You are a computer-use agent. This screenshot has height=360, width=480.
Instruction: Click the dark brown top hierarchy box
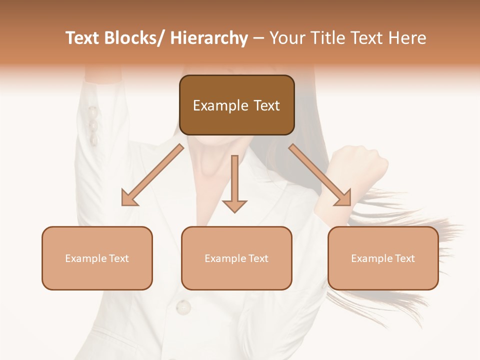point(236,105)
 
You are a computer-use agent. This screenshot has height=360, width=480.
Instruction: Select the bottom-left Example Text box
point(97,258)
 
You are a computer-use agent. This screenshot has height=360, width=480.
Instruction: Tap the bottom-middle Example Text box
point(236,258)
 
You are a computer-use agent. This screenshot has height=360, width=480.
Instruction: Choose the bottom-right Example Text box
point(383,258)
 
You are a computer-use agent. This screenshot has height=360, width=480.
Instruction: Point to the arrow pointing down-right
point(320,175)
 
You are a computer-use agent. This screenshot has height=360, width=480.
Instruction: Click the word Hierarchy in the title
point(209,38)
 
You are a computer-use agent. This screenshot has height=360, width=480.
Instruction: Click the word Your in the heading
point(287,38)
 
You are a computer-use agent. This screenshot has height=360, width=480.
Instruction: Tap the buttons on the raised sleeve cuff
point(93,125)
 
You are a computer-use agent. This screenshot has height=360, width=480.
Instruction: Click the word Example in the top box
point(220,105)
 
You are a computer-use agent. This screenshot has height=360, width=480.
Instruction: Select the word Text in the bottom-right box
point(404,258)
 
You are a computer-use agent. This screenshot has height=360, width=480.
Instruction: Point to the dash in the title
point(258,38)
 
